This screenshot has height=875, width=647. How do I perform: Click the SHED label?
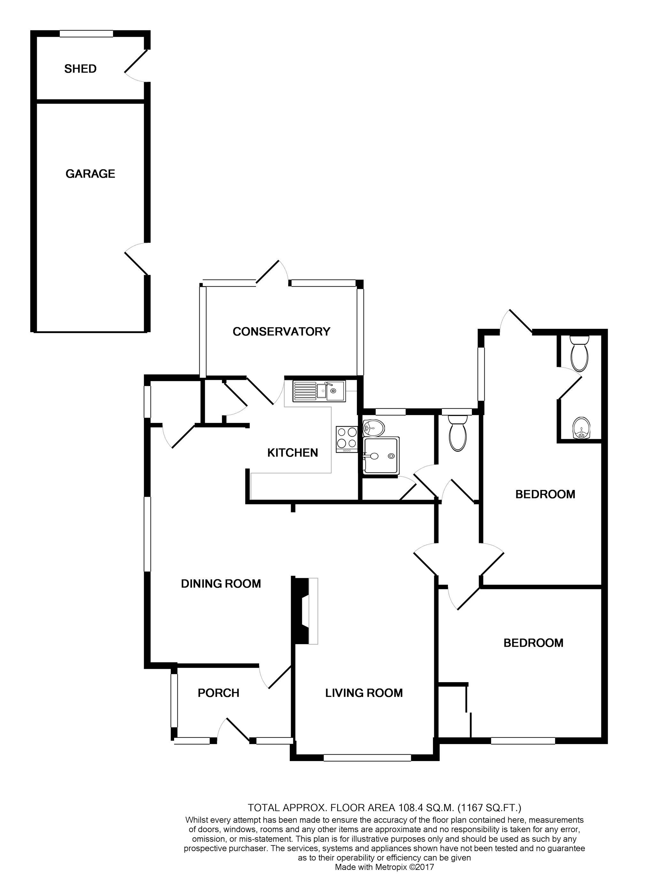tap(80, 69)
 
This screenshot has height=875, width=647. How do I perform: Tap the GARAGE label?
tap(90, 174)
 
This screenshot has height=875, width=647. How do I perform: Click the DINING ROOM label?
tap(221, 584)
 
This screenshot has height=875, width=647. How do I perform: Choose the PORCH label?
tap(218, 693)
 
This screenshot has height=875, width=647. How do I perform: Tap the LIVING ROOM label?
tap(364, 693)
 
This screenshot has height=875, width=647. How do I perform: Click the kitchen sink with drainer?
tap(319, 391)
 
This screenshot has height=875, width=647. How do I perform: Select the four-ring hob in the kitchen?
tap(347, 439)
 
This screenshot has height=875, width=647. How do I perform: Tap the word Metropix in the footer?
tap(384, 867)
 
